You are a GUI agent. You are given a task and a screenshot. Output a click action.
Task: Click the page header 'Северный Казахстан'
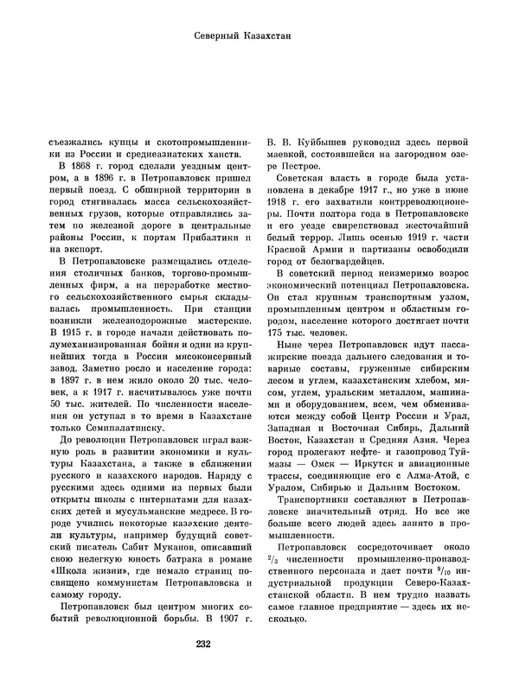(259, 36)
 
